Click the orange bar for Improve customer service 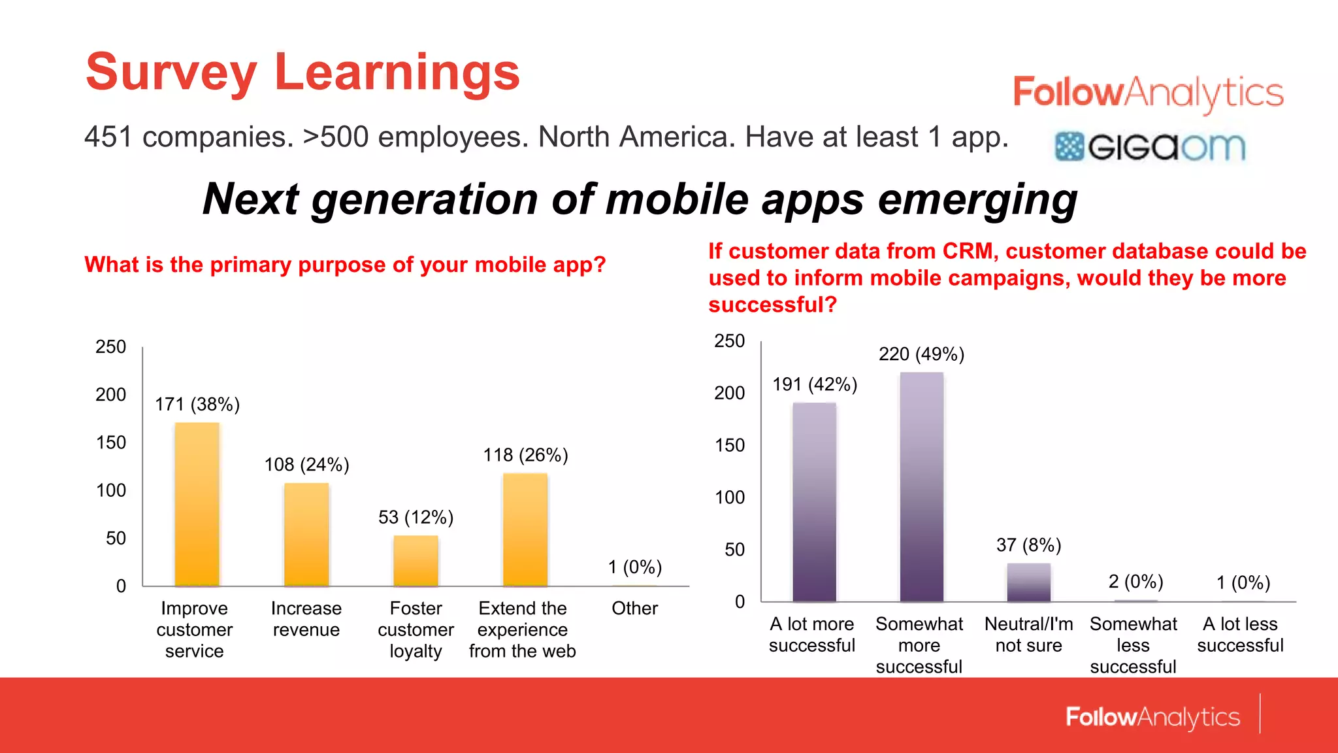197,504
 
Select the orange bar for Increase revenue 306,534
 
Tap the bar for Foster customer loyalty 416,561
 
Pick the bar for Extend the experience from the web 525,529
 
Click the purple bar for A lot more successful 814,502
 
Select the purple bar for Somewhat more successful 921,487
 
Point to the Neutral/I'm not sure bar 1028,582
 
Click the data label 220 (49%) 921,354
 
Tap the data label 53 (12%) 416,518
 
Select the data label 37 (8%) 1028,545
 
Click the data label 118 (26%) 525,455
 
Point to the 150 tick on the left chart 111,443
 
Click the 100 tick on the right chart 730,497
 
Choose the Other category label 634,609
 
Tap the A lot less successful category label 1240,635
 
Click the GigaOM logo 1150,146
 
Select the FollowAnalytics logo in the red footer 1152,717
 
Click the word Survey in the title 171,72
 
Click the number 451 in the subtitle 108,137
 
